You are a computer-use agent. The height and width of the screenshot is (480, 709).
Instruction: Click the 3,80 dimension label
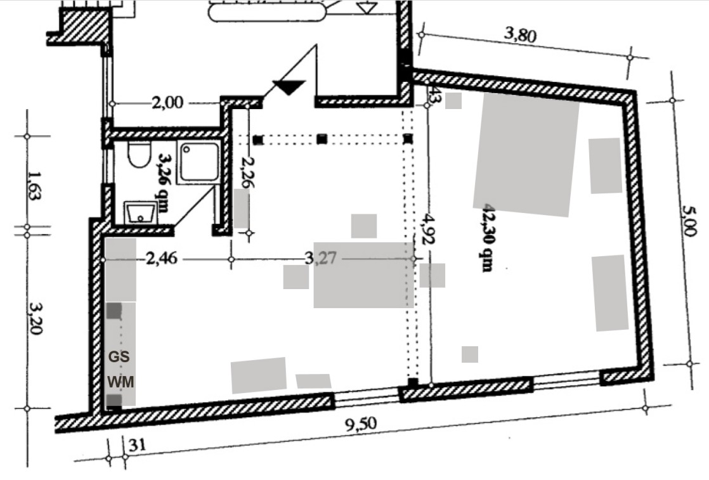(521, 35)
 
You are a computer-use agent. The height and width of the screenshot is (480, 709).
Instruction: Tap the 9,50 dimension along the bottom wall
(361, 424)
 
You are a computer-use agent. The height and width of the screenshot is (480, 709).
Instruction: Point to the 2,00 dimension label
(167, 103)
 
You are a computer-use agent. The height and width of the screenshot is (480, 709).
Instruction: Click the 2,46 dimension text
(162, 259)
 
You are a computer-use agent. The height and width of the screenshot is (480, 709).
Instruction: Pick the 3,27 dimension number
(320, 258)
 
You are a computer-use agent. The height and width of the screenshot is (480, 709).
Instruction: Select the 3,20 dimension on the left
(35, 318)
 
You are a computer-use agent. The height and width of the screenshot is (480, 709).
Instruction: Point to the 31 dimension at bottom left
(138, 446)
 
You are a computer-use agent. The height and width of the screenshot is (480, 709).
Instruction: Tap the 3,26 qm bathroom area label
(162, 183)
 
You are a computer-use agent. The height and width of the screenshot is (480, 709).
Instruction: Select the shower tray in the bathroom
(199, 163)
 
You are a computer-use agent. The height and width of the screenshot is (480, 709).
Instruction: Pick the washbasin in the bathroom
(141, 213)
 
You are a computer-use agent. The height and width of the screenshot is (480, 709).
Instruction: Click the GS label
(119, 357)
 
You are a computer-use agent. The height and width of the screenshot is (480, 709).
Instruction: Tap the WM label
(120, 382)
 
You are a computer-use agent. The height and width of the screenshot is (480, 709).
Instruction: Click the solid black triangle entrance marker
(289, 87)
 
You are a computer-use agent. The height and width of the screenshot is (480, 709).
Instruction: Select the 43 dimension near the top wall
(433, 95)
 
